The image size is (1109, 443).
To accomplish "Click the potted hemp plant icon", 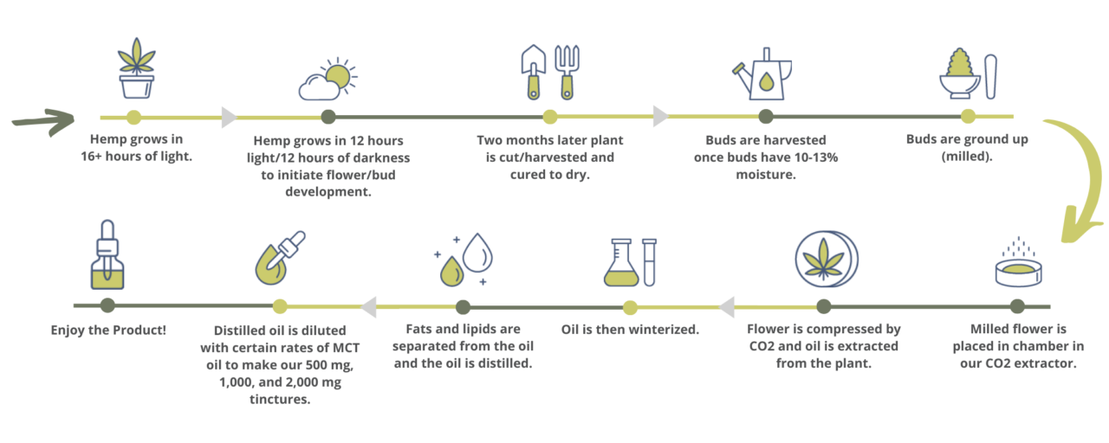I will pos(136,70).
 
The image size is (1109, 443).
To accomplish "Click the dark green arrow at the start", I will pos(43,119).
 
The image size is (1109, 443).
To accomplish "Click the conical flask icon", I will pos(621,263).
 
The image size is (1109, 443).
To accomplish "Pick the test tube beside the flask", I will pos(649,262).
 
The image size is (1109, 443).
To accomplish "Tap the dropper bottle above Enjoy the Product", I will pos(107,260).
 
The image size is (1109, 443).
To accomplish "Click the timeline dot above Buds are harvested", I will pos(766,117).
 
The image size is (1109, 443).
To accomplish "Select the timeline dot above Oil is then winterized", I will pos(631,307).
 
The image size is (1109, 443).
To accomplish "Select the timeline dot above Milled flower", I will pos(1017,306).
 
